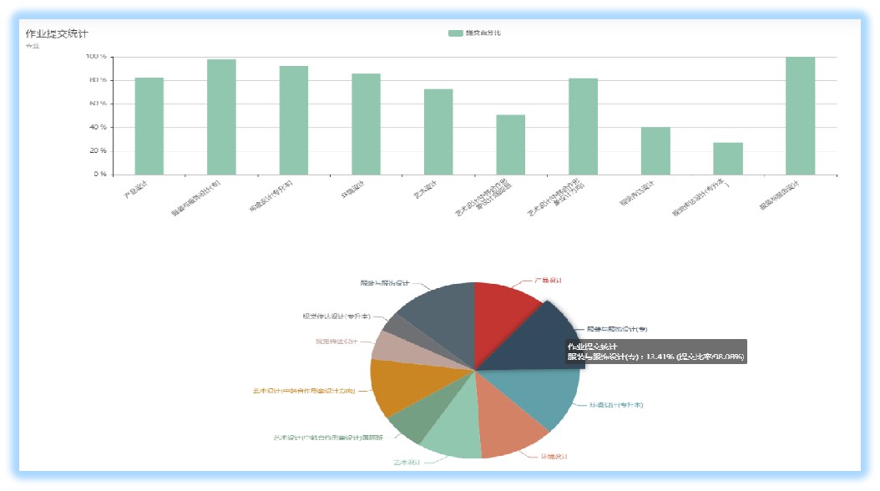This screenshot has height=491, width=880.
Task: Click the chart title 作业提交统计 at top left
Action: (57, 33)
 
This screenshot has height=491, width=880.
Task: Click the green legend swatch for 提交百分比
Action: (455, 33)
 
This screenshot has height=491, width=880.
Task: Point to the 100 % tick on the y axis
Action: (96, 57)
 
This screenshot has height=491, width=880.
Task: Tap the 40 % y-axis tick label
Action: (96, 128)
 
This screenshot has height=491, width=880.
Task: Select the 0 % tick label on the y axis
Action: (99, 175)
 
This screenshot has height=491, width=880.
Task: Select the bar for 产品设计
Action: (149, 126)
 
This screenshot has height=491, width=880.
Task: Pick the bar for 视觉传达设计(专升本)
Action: (727, 159)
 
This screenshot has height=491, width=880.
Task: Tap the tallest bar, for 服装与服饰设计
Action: (800, 116)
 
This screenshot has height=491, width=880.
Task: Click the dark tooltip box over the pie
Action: (655, 352)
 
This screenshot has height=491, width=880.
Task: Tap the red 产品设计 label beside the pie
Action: (548, 281)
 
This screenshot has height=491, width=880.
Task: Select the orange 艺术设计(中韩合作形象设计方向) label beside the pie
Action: (304, 390)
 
